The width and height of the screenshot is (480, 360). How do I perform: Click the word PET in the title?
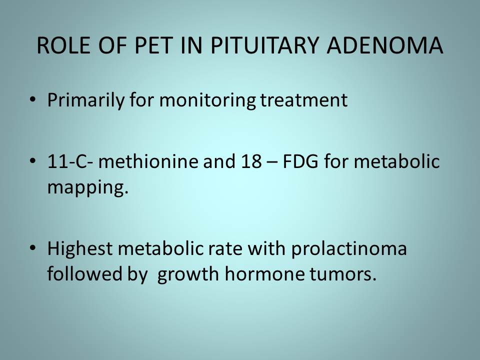153,45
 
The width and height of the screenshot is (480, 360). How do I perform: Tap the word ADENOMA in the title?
385,45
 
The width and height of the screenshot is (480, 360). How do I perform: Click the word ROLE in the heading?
63,45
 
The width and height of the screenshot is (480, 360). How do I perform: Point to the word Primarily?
85,100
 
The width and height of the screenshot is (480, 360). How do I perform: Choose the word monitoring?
207,100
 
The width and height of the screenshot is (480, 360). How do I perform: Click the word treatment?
304,100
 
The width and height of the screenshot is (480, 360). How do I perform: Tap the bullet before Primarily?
33,99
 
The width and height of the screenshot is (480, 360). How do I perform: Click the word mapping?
88,187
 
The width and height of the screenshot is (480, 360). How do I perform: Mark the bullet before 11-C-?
33,160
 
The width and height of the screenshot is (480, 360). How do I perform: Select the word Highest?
80,248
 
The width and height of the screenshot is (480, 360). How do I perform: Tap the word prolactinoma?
348,249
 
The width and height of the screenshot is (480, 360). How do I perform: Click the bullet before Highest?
33,248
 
